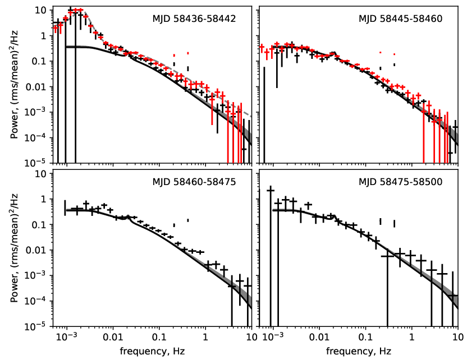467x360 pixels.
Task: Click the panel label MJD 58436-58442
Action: (x=194, y=19)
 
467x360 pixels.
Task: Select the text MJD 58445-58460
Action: (x=400, y=19)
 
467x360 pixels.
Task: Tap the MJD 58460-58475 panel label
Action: (x=194, y=182)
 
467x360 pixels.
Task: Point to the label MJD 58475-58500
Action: (x=400, y=182)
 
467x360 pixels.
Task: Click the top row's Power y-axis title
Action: (x=14, y=85)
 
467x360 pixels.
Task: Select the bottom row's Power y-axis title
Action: (x=14, y=248)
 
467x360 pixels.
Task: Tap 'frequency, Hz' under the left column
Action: (x=152, y=352)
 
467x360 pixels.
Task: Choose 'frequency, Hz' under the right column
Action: (x=359, y=352)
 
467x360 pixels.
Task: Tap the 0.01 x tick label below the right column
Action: (x=319, y=337)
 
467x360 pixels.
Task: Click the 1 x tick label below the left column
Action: (x=205, y=337)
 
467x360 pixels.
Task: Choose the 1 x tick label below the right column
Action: (x=411, y=337)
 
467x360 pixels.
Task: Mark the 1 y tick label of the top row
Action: (x=44, y=36)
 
